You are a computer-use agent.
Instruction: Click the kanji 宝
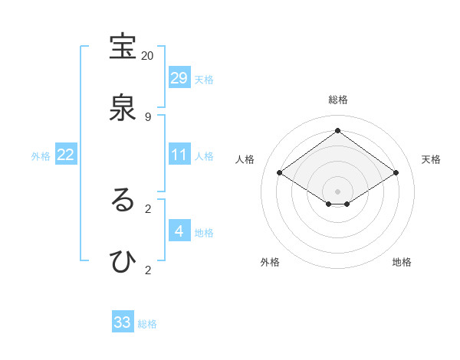(x=123, y=47)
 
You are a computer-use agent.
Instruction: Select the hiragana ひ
(x=123, y=262)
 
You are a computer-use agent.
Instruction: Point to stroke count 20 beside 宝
(x=147, y=56)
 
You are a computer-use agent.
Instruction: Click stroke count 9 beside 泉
(x=147, y=116)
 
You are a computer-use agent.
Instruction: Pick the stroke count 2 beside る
(x=147, y=208)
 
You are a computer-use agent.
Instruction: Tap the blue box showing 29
(x=179, y=78)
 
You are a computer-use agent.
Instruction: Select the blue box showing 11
(x=179, y=155)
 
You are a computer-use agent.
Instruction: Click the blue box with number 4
(x=179, y=231)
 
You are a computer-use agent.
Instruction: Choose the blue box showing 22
(x=66, y=155)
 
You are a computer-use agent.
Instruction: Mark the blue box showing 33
(x=123, y=322)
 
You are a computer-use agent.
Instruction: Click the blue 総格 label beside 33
(x=147, y=324)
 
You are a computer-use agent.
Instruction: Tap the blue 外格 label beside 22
(x=41, y=156)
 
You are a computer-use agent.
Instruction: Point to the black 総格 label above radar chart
(x=338, y=100)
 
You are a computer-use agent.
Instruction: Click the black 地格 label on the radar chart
(x=402, y=262)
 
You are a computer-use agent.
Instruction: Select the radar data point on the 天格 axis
(x=396, y=173)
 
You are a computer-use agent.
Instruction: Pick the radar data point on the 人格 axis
(x=280, y=173)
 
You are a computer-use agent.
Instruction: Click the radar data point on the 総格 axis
(x=338, y=130)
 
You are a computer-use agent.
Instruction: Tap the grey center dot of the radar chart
(x=338, y=191)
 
